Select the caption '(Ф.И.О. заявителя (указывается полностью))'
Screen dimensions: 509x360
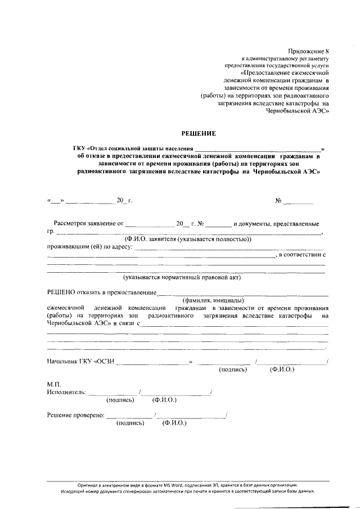coord(188,238)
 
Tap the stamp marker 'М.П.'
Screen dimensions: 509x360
coord(54,384)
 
